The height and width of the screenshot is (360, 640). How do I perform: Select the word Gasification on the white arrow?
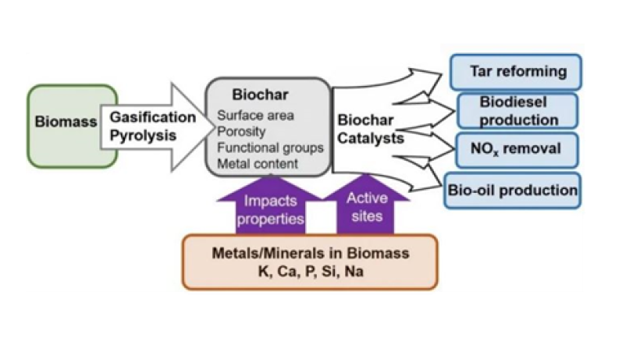[x=152, y=116]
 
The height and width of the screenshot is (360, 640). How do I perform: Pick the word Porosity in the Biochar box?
[x=241, y=132]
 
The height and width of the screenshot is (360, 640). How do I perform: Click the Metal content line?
[x=257, y=163]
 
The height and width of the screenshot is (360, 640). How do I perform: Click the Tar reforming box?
[x=517, y=71]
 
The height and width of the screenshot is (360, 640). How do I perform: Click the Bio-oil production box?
[x=512, y=190]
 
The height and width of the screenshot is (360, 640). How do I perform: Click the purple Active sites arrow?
[x=367, y=205]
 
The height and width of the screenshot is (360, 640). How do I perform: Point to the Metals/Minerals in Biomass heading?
[x=309, y=254]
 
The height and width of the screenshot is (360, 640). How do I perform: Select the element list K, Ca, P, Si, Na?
[x=309, y=273]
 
